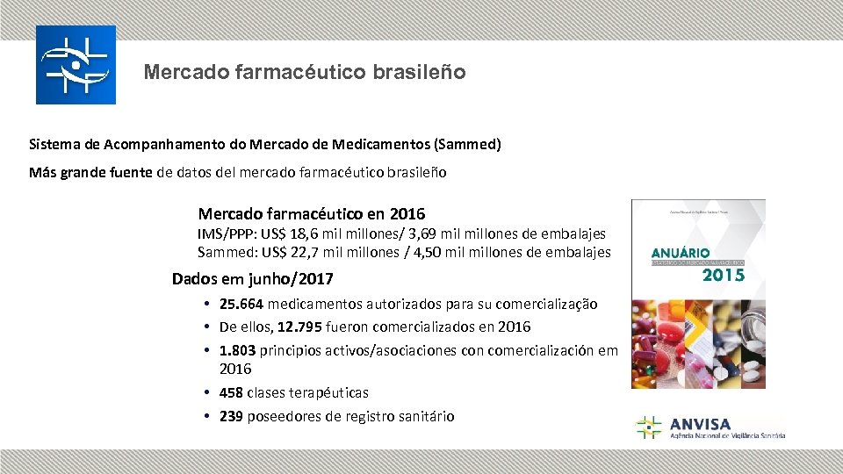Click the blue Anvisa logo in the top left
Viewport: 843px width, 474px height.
click(x=76, y=65)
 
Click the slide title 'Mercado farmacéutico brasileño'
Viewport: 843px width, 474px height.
click(x=305, y=72)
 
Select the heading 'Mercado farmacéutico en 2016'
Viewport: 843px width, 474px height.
click(x=312, y=214)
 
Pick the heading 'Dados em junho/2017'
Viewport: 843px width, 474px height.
click(x=253, y=279)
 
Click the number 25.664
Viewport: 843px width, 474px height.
click(x=241, y=305)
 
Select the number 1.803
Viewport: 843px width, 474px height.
click(x=238, y=350)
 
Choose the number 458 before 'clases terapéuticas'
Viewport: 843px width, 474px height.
click(x=231, y=393)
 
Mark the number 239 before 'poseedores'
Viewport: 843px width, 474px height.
click(x=231, y=417)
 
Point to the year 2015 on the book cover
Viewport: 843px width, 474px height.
click(x=723, y=276)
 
